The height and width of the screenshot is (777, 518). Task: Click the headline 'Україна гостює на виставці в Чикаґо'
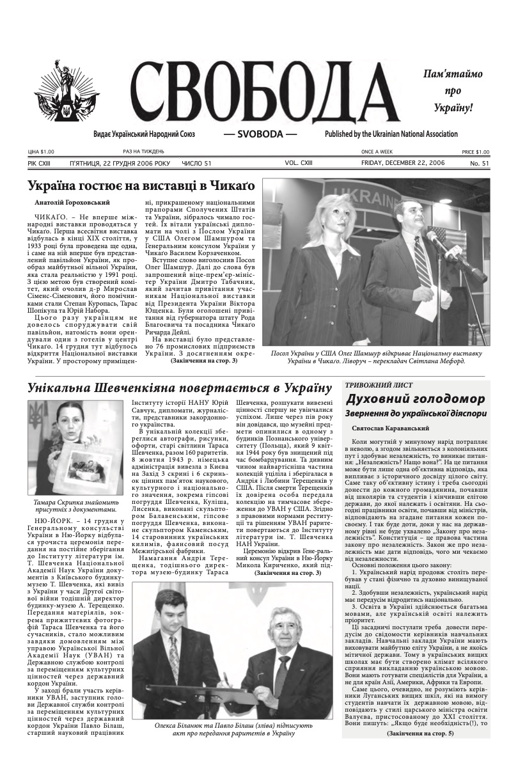pyautogui.click(x=141, y=186)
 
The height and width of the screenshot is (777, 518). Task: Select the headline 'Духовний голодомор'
pyautogui.click(x=415, y=399)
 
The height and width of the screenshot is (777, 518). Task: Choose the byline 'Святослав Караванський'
pyautogui.click(x=390, y=428)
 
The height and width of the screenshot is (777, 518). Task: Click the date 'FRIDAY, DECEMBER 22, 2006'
pyautogui.click(x=400, y=163)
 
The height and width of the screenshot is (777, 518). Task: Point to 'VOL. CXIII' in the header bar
pyautogui.click(x=299, y=163)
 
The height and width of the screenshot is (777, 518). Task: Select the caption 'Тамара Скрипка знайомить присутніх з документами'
pyautogui.click(x=75, y=506)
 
